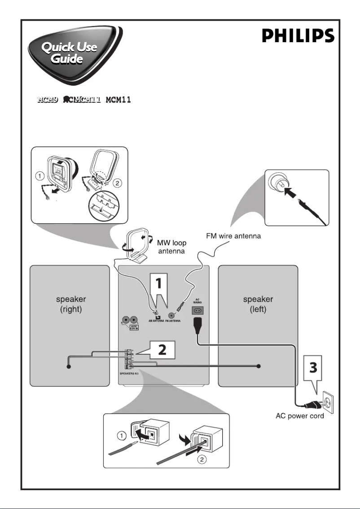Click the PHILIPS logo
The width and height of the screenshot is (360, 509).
298,36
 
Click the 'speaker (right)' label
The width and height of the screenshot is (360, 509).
69,304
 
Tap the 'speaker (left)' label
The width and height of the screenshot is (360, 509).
258,304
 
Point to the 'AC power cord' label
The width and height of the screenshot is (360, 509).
300,416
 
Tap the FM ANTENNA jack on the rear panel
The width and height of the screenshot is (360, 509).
171,315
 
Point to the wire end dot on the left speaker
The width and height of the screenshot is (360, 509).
259,366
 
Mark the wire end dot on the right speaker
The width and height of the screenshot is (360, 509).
69,366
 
